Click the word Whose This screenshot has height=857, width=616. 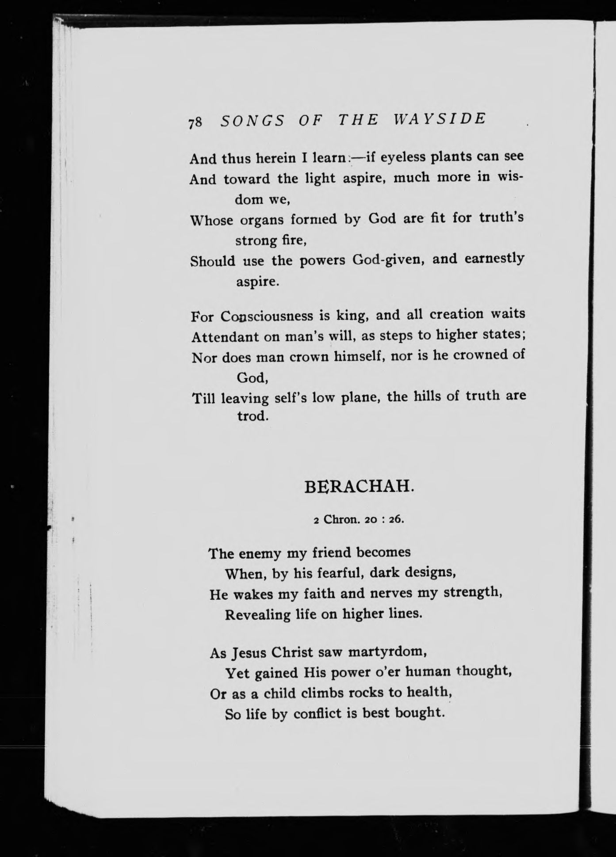point(211,220)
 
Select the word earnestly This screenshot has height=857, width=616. point(494,259)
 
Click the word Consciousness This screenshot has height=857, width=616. point(267,316)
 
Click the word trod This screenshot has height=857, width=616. point(252,416)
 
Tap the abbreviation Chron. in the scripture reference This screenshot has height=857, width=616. point(341,519)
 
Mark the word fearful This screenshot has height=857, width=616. point(329,573)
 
